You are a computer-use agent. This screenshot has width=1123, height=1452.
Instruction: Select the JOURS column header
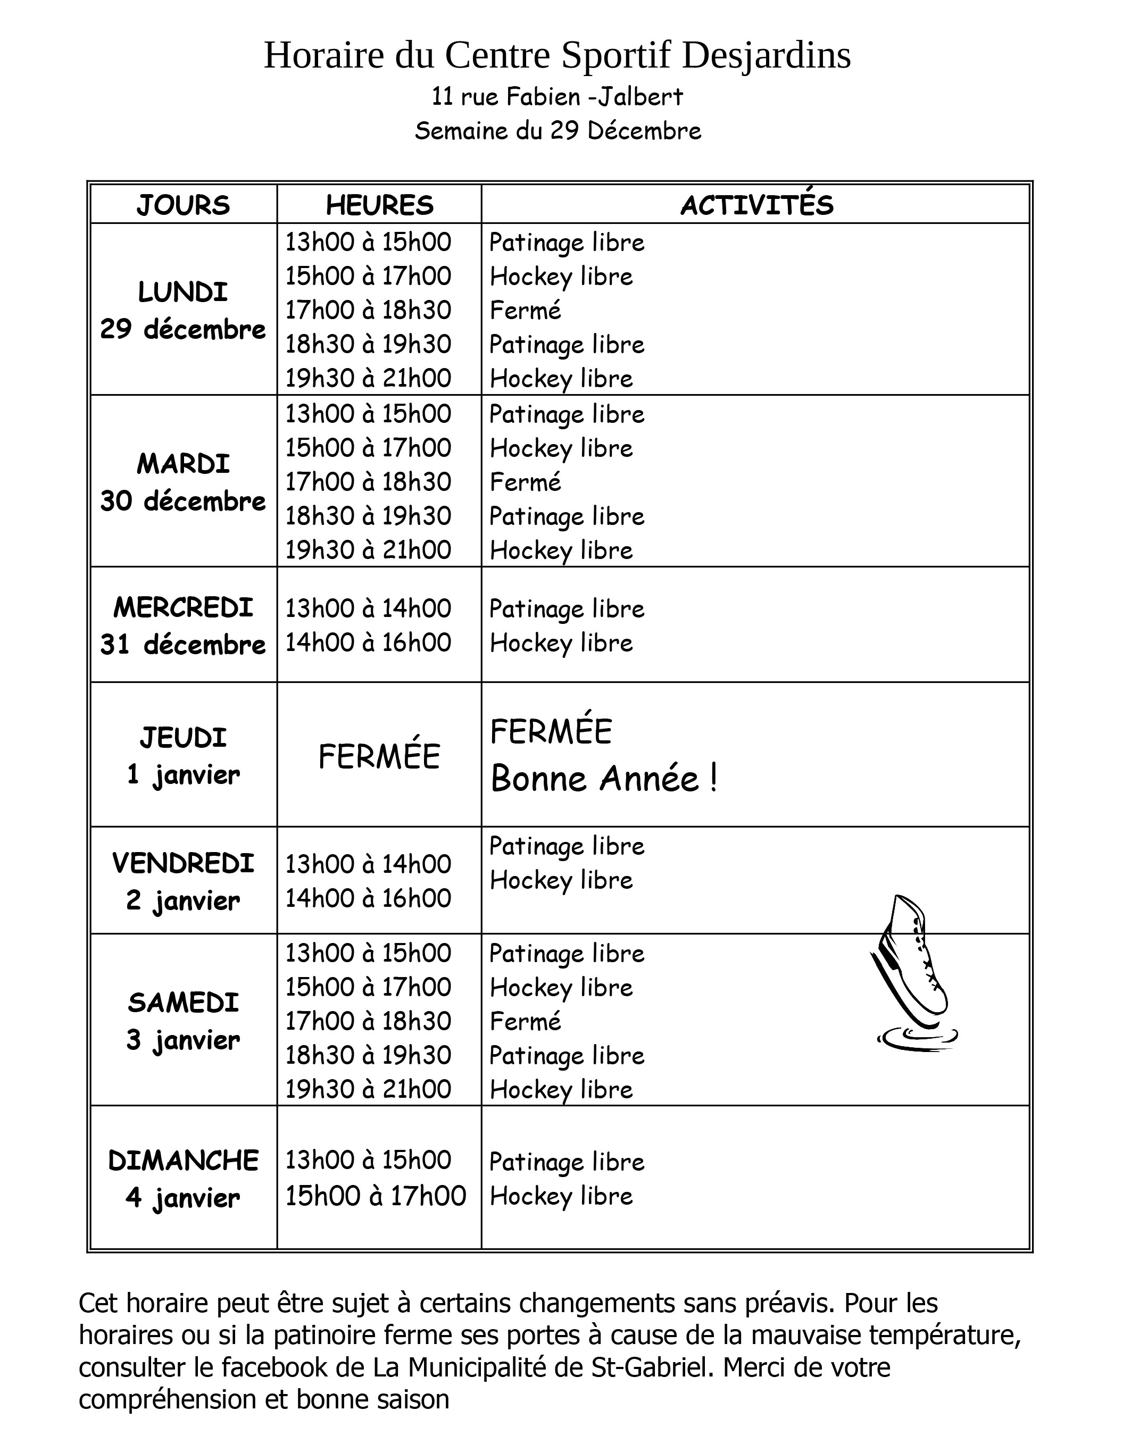pyautogui.click(x=183, y=205)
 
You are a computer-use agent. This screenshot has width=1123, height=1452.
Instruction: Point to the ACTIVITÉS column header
pyautogui.click(x=756, y=204)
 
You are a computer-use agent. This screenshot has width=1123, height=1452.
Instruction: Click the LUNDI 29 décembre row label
pyautogui.click(x=183, y=311)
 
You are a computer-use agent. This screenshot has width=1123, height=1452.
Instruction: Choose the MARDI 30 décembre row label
pyautogui.click(x=183, y=482)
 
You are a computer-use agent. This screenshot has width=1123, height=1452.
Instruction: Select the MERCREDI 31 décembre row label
pyautogui.click(x=183, y=625)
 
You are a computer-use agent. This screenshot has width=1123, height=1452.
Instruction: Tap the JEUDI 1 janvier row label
pyautogui.click(x=183, y=756)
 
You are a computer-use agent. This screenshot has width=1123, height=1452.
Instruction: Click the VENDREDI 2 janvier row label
pyautogui.click(x=183, y=882)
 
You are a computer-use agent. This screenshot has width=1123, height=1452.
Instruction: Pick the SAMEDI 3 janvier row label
pyautogui.click(x=183, y=1021)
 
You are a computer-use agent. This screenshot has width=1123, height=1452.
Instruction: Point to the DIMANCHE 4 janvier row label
pyautogui.click(x=183, y=1179)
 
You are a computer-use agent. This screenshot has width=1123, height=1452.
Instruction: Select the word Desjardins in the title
pyautogui.click(x=766, y=55)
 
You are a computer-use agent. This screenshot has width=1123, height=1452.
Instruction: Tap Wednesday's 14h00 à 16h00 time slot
pyautogui.click(x=368, y=643)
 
